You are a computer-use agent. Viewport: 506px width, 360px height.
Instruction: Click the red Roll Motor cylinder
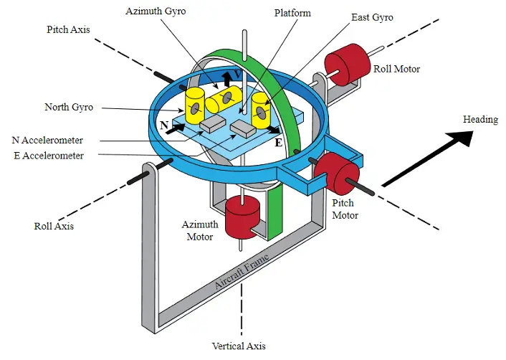coord(347,65)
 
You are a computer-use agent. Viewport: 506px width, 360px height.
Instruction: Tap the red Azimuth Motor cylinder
coord(242,217)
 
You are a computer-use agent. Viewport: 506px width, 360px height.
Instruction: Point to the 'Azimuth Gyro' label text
coord(156,11)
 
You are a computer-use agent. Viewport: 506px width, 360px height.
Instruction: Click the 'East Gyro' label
coord(372,17)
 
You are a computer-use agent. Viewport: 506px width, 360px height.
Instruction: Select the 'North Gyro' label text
coord(69,107)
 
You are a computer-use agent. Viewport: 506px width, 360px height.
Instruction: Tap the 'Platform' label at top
coord(292,13)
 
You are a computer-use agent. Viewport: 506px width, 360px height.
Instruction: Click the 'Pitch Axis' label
coord(68,29)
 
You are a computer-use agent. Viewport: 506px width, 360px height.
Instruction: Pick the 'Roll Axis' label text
coord(54,226)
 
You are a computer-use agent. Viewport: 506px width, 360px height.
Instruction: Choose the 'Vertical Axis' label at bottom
coord(239,346)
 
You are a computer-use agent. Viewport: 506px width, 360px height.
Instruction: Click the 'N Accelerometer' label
coord(47,140)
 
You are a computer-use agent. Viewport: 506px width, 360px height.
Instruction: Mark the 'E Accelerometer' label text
coord(49,156)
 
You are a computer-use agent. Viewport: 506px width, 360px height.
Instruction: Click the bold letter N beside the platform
coord(165,125)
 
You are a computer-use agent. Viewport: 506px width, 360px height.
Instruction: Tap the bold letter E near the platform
coord(279,143)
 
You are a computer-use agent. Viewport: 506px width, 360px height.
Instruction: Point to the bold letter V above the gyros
coord(238,75)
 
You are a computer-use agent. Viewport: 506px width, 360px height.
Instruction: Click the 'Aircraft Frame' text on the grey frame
coord(242,272)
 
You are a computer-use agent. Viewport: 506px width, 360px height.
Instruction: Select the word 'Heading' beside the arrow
coord(480,120)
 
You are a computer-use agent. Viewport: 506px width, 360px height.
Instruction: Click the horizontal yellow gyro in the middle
coord(224,99)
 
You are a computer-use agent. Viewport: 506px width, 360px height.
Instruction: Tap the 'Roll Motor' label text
coord(396,69)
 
